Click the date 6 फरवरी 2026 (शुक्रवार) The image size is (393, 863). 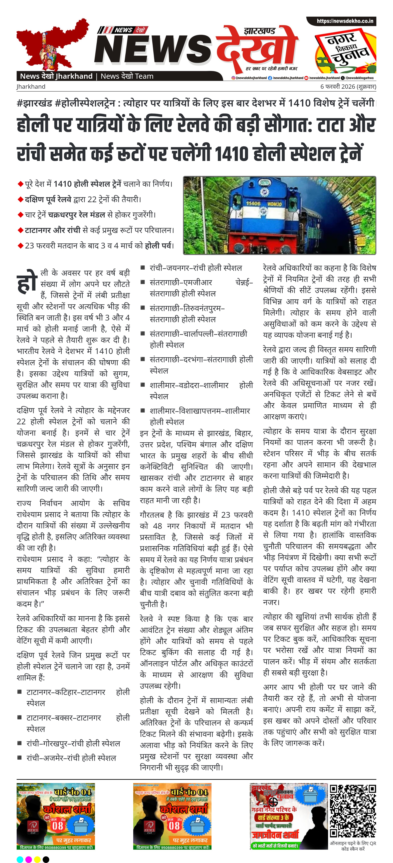click(348, 86)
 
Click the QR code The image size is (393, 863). click(353, 811)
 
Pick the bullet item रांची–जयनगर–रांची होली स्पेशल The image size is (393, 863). click(196, 268)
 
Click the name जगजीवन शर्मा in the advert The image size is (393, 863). click(275, 834)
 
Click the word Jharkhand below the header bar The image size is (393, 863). click(31, 86)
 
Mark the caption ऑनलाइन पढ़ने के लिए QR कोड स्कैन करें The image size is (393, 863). click(353, 846)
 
